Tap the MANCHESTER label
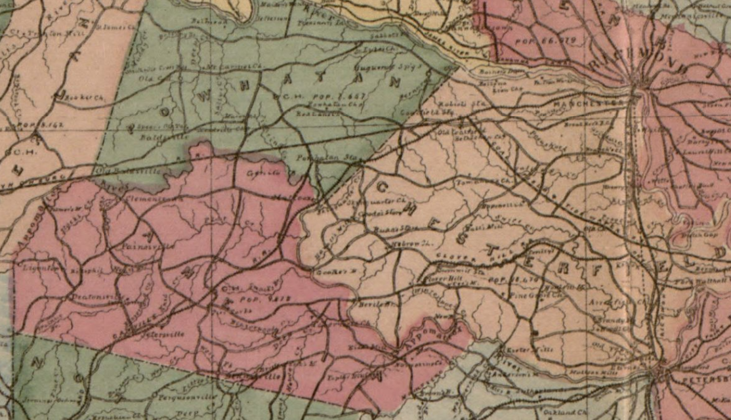(x=586, y=104)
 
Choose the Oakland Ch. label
(x=568, y=412)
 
